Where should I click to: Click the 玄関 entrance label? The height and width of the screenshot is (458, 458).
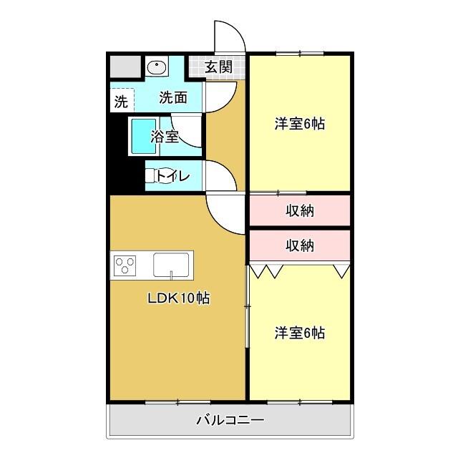tap(218, 67)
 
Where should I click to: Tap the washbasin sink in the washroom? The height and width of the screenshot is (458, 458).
tap(157, 67)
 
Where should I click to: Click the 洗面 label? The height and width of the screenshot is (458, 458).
tap(173, 97)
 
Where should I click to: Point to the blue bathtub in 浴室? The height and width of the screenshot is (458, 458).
tap(144, 136)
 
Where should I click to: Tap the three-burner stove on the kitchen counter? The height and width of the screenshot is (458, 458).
tap(125, 265)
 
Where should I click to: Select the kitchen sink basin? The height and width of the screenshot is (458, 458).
tap(171, 265)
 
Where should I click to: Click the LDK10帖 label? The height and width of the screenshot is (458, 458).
tap(179, 298)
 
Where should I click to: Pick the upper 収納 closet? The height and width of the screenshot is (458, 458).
tap(300, 210)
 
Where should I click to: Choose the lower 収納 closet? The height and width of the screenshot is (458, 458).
tap(300, 245)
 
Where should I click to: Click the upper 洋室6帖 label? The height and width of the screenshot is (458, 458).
tap(300, 124)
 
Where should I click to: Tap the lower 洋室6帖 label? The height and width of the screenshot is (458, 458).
tap(300, 333)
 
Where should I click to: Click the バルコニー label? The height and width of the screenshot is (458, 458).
tap(230, 420)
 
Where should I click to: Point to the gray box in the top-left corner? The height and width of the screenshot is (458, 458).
tap(125, 67)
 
